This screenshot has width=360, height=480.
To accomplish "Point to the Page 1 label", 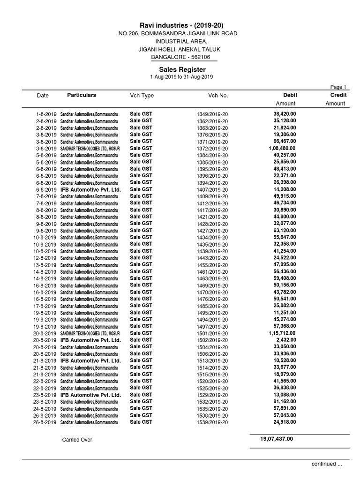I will [338, 87].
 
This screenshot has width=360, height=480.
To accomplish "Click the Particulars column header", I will [82, 95].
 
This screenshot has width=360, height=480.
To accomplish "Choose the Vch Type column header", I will [142, 96].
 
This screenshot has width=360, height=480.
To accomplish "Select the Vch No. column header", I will [218, 96].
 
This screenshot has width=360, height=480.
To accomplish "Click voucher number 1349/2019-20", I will [212, 114].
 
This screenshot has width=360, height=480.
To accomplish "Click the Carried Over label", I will [77, 440].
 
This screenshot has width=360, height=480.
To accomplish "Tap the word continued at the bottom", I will [323, 464].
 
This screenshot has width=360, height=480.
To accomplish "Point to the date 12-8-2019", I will [45, 258].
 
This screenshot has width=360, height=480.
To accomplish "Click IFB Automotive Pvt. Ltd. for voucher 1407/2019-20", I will [90, 189].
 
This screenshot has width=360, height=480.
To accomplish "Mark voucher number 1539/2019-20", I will [212, 423].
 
